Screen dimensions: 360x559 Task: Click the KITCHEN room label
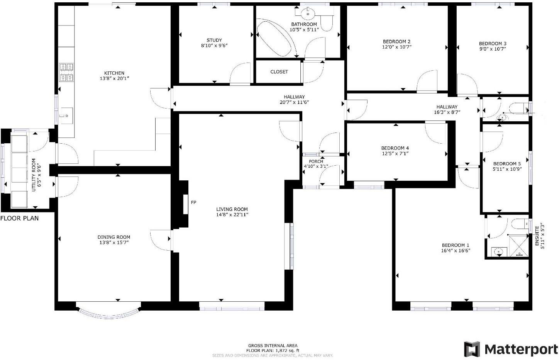(x=114, y=73)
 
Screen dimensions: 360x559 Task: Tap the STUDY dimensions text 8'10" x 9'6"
(x=214, y=45)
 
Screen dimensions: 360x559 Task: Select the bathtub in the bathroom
(x=274, y=37)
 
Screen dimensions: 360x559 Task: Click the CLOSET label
(x=279, y=72)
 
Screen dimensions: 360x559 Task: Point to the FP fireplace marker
(x=193, y=202)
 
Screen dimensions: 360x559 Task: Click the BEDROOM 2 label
(x=396, y=42)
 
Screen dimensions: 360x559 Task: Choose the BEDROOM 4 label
(x=395, y=148)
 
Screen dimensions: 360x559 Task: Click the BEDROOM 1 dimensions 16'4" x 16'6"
(x=456, y=250)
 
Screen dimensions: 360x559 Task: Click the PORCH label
(x=316, y=161)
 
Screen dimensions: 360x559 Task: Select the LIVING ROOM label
(x=232, y=209)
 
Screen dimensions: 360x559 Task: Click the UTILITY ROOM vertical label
(x=34, y=175)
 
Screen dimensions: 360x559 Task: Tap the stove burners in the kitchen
(x=66, y=72)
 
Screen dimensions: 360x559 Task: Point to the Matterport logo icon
(x=472, y=349)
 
